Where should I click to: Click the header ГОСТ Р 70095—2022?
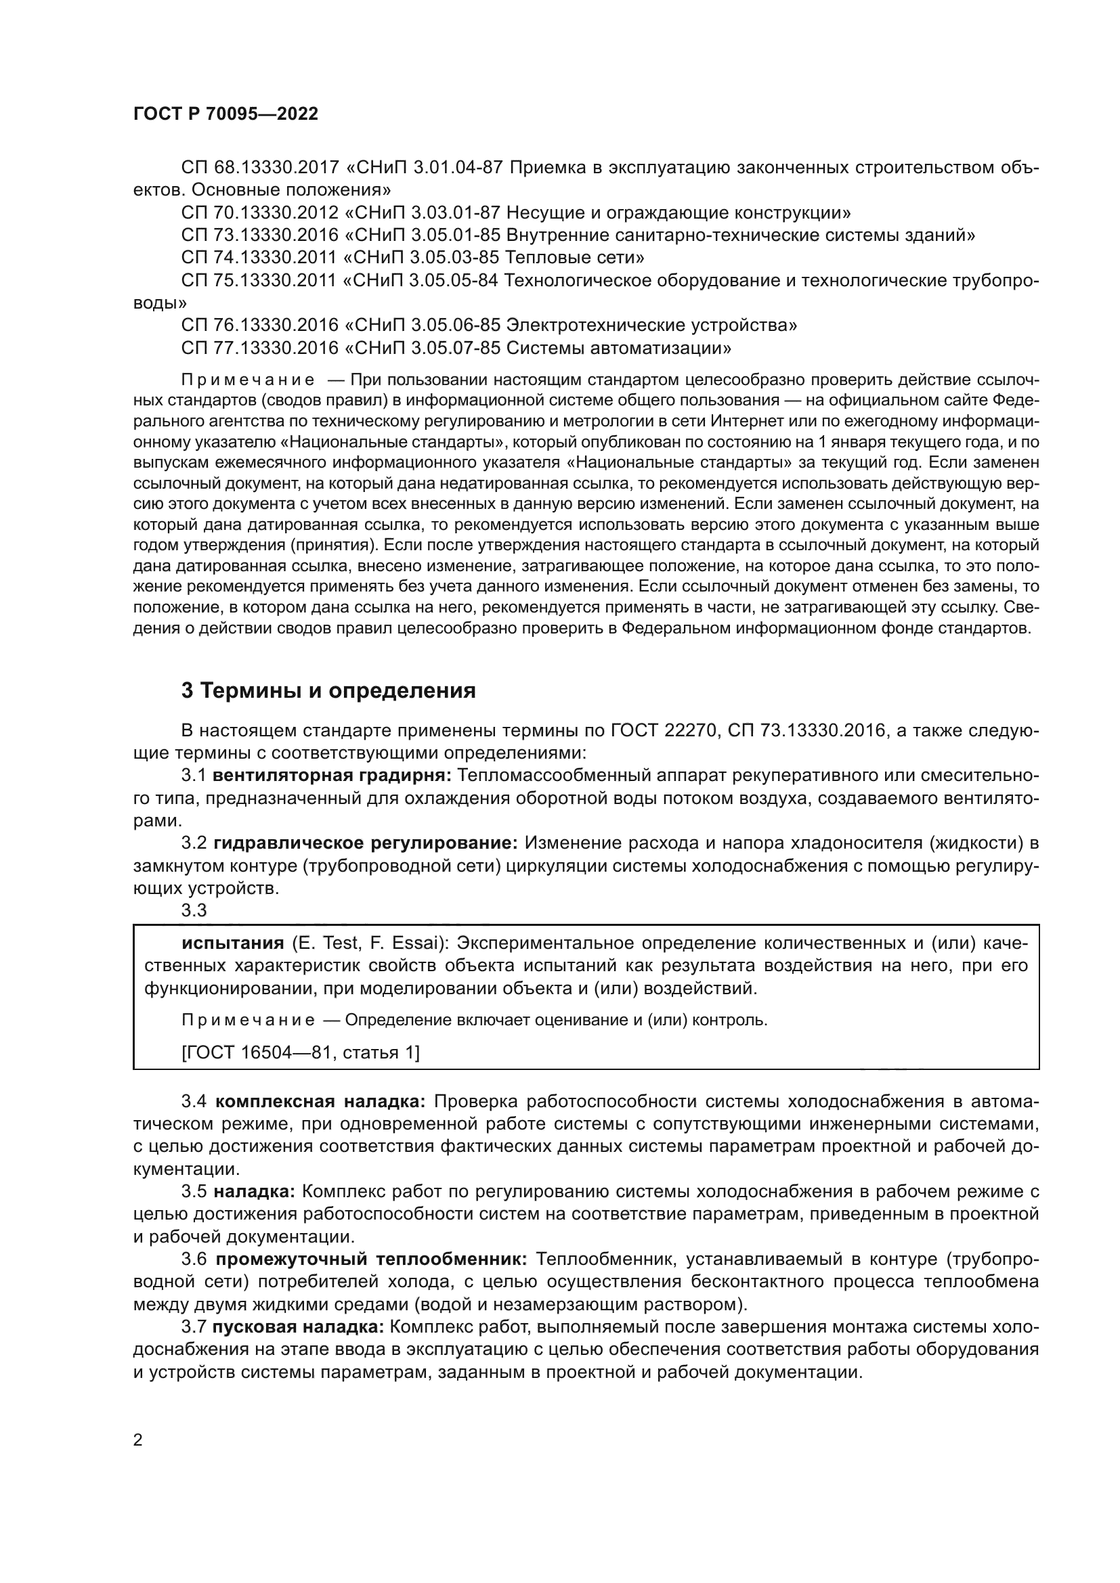click(225, 114)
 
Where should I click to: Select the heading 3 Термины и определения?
click(328, 690)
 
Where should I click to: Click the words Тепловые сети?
click(575, 258)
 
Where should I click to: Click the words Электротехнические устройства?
click(651, 326)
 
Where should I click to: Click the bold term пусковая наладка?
click(299, 1327)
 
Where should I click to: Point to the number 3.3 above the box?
click(194, 911)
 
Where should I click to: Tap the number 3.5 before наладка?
click(194, 1192)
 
